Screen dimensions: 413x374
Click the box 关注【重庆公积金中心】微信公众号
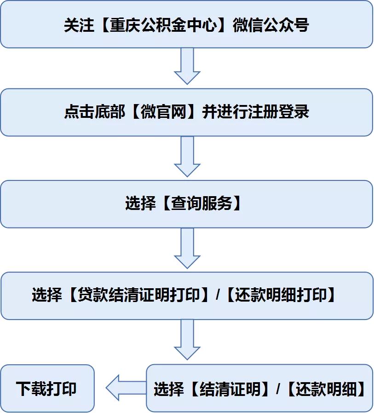[x=186, y=24]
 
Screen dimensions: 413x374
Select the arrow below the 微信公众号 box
[x=187, y=66]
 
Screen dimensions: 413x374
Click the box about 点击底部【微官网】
[x=186, y=112]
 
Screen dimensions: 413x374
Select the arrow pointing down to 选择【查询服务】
[x=187, y=157]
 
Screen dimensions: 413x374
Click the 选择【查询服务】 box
[x=186, y=204]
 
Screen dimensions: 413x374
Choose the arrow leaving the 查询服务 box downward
[x=187, y=248]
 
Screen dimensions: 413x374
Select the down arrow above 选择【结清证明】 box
[x=187, y=340]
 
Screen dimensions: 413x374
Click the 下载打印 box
[x=47, y=388]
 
